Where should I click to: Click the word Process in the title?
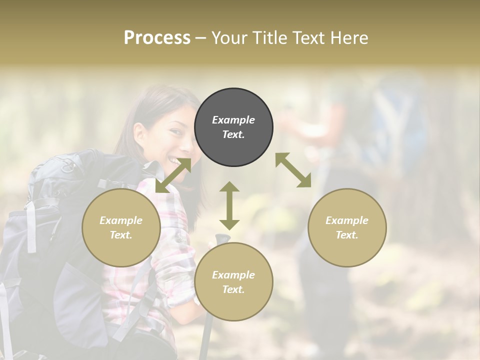tap(157, 38)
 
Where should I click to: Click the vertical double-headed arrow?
tap(229, 205)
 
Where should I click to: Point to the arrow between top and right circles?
tap(293, 170)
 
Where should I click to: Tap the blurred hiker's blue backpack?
tap(395, 125)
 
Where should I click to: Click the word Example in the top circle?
tap(233, 120)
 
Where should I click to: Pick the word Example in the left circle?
tap(121, 220)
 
